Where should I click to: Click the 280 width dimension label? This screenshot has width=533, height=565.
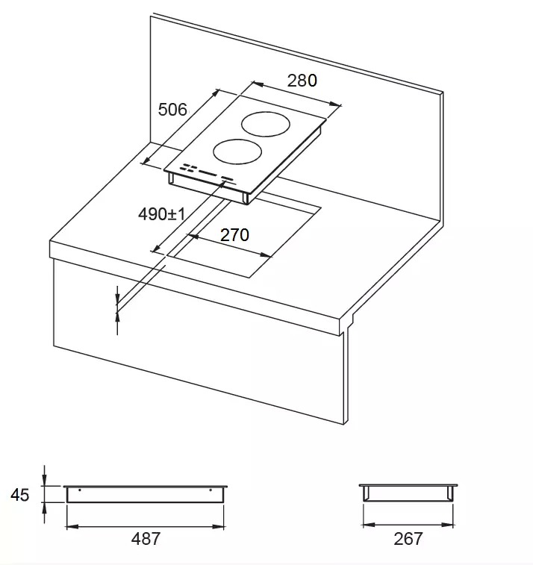tap(302, 81)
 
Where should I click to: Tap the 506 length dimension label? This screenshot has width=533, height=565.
tap(172, 110)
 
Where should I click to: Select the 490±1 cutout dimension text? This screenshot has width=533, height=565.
tap(162, 214)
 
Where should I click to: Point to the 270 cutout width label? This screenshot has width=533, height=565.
tap(234, 235)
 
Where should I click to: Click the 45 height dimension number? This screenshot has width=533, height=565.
tap(20, 495)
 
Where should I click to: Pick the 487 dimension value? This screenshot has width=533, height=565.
tap(146, 539)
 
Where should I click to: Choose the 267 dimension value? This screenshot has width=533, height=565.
tap(408, 539)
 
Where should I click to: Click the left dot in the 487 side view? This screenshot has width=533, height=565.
tap(80, 490)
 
